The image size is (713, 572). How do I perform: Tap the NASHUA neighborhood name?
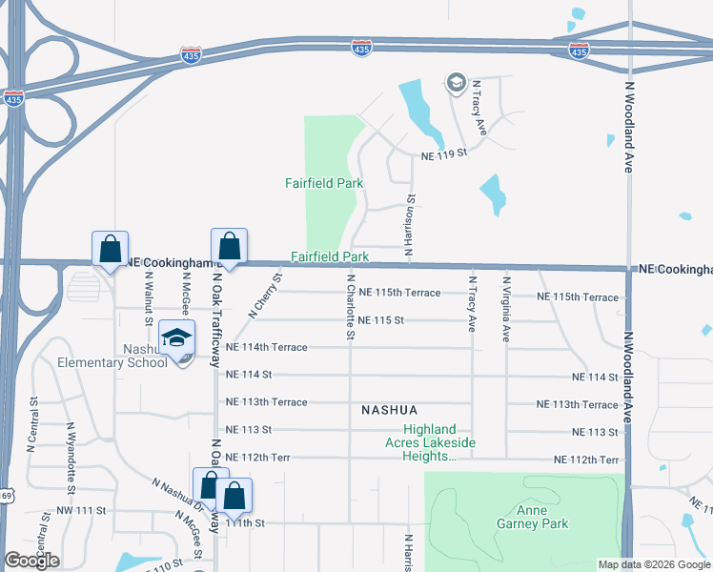(390, 410)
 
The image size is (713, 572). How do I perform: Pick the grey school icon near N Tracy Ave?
(456, 84)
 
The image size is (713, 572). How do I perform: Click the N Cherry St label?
(266, 296)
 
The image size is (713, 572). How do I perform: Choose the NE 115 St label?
(380, 320)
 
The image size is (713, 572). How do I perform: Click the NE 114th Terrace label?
(266, 347)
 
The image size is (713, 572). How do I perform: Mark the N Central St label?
(31, 424)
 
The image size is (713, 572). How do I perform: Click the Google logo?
(32, 561)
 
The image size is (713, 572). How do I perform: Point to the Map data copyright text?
(653, 563)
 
